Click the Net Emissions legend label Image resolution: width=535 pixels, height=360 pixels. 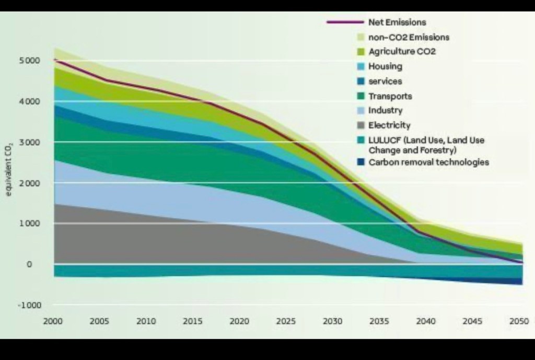click(x=397, y=22)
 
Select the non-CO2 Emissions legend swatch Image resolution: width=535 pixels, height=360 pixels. click(x=360, y=37)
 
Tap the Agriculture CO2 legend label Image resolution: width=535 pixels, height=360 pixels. click(x=402, y=52)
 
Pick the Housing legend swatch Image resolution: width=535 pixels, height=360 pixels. click(x=360, y=66)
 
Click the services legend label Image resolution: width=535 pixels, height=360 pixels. click(x=385, y=81)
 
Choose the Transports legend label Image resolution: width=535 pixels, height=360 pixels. click(x=390, y=96)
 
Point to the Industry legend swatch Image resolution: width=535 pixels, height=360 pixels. click(x=360, y=111)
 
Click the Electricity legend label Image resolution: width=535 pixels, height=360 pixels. click(x=389, y=125)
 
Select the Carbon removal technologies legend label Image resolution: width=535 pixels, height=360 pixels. click(x=428, y=162)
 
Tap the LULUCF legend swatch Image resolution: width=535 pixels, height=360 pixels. click(x=360, y=141)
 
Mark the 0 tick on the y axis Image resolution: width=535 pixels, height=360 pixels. click(x=44, y=264)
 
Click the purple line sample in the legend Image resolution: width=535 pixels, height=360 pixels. click(x=345, y=22)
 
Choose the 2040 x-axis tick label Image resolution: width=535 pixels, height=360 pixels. click(x=426, y=320)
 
